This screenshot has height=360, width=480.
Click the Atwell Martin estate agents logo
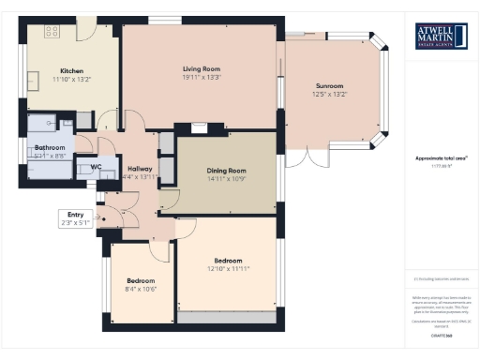click(x=441, y=37)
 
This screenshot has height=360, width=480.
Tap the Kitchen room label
click(x=73, y=71)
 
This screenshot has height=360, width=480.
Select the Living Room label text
click(x=201, y=68)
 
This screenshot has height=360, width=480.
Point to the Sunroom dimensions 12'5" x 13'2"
click(x=329, y=94)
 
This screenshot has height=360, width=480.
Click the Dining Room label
click(x=226, y=170)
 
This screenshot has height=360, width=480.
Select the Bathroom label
click(x=51, y=148)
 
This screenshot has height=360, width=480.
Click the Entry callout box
click(x=74, y=218)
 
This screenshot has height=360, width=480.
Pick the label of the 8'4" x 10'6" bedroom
click(x=141, y=280)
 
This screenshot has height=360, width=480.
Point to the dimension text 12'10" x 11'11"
click(x=228, y=268)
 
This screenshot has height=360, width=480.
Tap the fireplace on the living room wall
click(x=199, y=128)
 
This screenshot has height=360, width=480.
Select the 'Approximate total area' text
click(x=441, y=159)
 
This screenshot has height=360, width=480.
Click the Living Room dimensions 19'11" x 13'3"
click(x=201, y=77)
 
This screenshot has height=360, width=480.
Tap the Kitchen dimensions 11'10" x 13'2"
click(x=73, y=80)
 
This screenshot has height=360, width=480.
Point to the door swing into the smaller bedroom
click(x=158, y=249)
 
